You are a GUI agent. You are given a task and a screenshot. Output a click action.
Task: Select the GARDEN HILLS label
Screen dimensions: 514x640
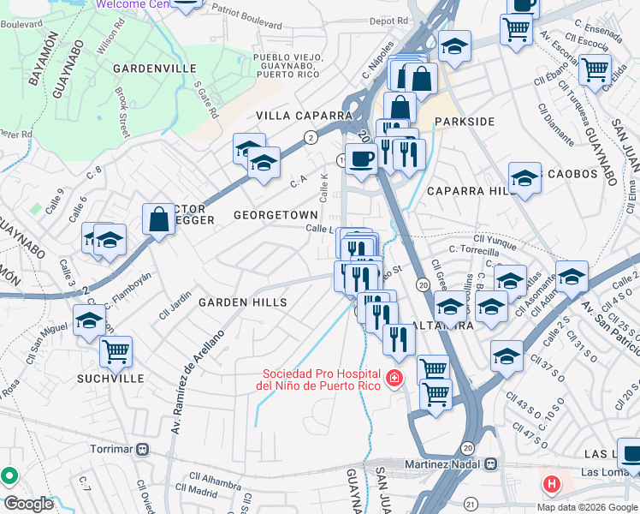[x=242, y=302]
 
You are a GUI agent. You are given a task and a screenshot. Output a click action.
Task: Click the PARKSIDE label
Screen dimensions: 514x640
[x=465, y=122]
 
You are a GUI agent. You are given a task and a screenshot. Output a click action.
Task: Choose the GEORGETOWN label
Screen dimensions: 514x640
[x=276, y=215]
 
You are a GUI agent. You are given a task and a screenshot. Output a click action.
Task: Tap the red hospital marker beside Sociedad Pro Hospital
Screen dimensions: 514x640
[x=394, y=378]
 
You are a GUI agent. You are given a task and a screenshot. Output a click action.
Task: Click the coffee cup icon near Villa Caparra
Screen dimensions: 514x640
[x=362, y=158]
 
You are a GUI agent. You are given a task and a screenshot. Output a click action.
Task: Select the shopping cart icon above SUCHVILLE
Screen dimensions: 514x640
[x=116, y=350]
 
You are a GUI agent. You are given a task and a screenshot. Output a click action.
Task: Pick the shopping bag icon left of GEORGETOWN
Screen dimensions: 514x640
[x=159, y=219]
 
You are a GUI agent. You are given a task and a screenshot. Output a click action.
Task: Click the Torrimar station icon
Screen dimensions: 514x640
[x=143, y=449]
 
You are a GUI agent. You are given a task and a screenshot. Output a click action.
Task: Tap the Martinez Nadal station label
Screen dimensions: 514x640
[x=445, y=463]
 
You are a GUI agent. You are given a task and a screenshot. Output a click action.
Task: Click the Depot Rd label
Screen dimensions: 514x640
[x=388, y=21]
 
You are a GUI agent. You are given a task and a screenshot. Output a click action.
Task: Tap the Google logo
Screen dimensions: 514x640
[x=29, y=504]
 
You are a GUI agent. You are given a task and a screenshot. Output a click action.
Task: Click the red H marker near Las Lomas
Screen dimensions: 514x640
[x=552, y=484]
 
